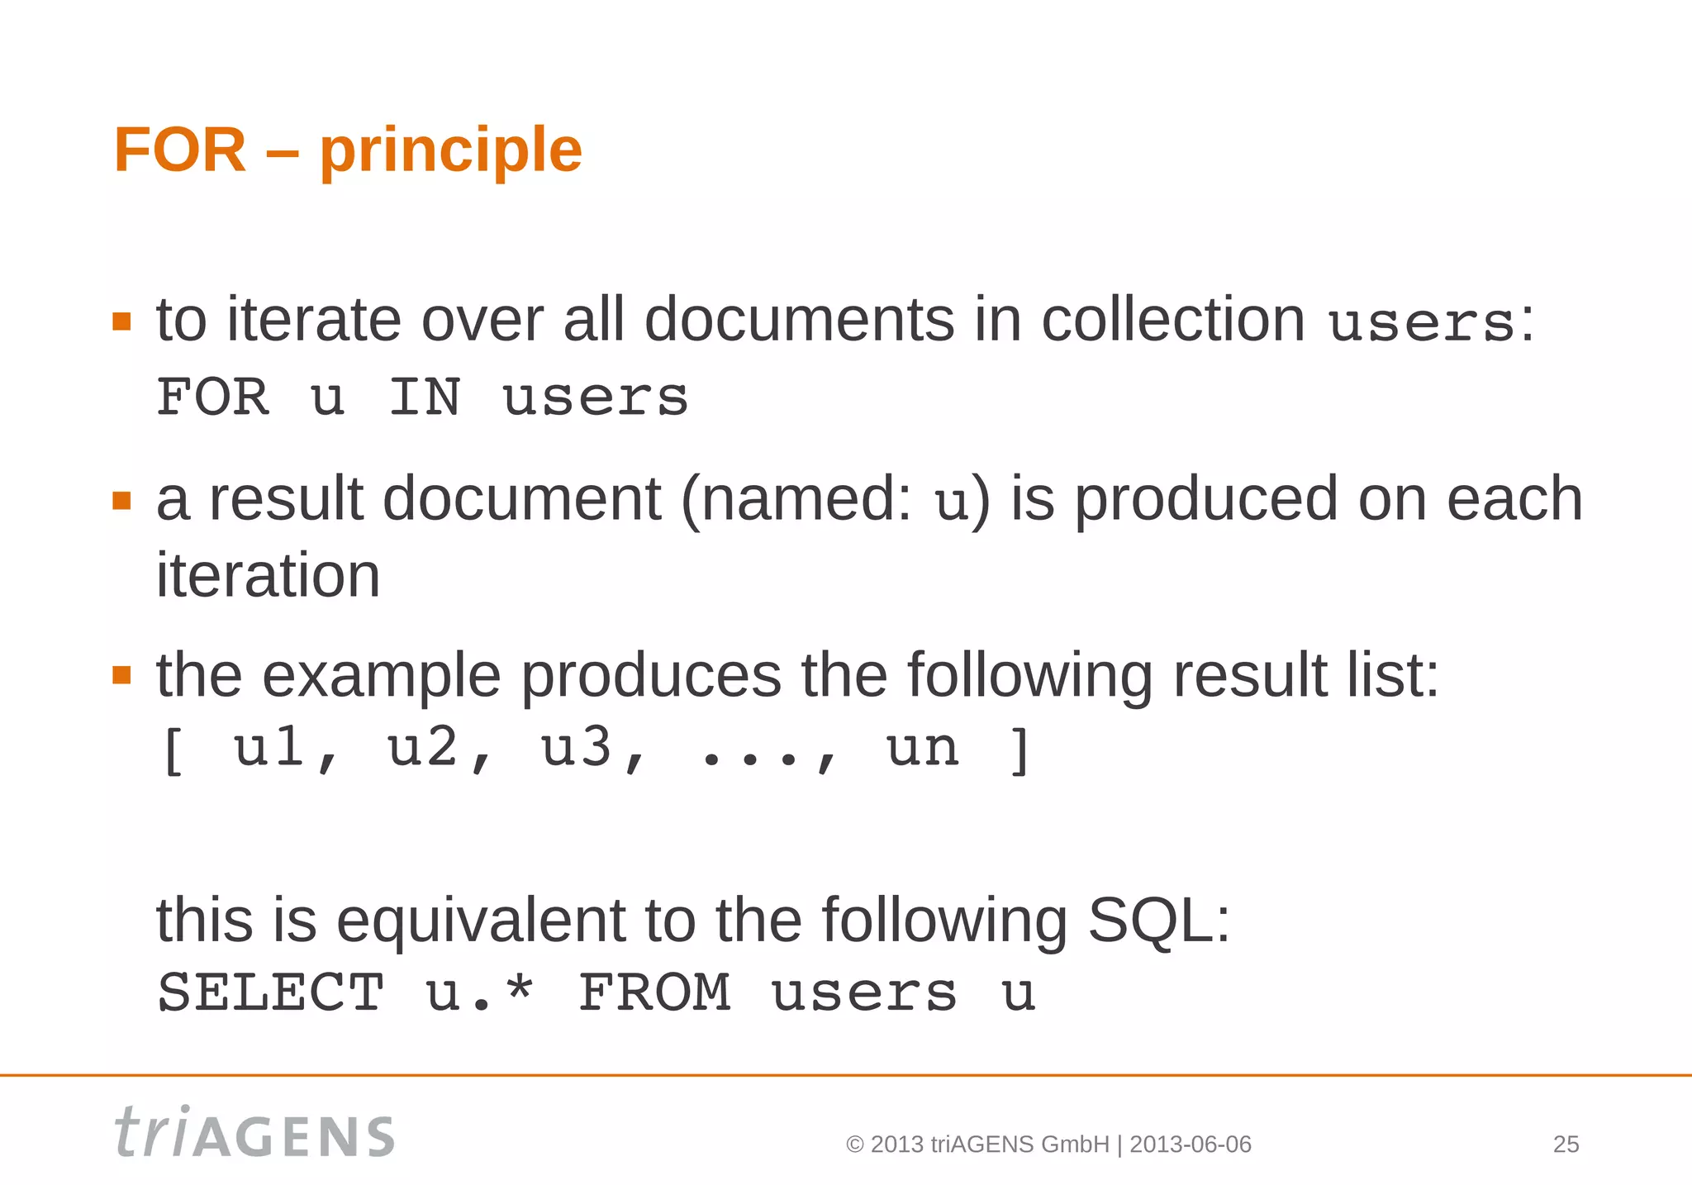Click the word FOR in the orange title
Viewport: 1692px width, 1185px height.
pyautogui.click(x=180, y=150)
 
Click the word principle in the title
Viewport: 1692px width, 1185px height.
pyautogui.click(x=451, y=152)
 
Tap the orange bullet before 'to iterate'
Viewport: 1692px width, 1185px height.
pyautogui.click(x=122, y=321)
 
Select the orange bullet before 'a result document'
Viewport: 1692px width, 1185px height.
pyautogui.click(x=122, y=501)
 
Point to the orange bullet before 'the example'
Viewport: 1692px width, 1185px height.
pyautogui.click(x=122, y=675)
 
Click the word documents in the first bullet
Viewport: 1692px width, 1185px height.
pyautogui.click(x=798, y=320)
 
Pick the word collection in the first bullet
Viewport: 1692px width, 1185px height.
pyautogui.click(x=1173, y=320)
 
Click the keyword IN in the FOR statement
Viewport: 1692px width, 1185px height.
pyautogui.click(x=425, y=397)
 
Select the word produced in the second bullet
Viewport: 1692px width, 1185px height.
pyautogui.click(x=1205, y=501)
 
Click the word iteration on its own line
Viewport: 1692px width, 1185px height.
pyautogui.click(x=269, y=575)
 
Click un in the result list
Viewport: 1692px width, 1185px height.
pyautogui.click(x=923, y=750)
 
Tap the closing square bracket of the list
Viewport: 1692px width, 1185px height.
pyautogui.click(x=1021, y=750)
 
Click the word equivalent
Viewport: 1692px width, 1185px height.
pyautogui.click(x=480, y=920)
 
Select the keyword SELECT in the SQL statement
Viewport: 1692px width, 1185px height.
pyautogui.click(x=271, y=992)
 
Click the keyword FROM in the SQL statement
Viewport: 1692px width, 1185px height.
pyautogui.click(x=654, y=992)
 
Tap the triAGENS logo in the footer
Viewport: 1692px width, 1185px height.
pyautogui.click(x=254, y=1133)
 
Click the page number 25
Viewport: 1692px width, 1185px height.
pyautogui.click(x=1566, y=1145)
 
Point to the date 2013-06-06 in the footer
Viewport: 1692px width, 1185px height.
pyautogui.click(x=1191, y=1145)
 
